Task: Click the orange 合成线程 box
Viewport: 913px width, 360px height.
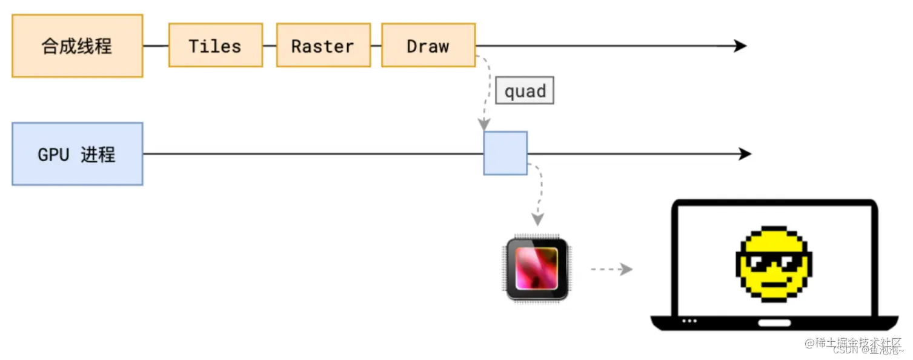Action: [77, 46]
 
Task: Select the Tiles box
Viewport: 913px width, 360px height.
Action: [215, 45]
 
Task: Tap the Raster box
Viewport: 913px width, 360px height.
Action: [323, 45]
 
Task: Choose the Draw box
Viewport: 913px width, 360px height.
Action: [428, 45]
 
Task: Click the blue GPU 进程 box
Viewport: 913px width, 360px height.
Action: [77, 154]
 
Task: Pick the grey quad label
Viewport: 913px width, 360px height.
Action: [525, 91]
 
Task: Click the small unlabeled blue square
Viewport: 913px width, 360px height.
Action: [505, 153]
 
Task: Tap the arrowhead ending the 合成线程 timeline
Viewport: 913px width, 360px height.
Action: [740, 45]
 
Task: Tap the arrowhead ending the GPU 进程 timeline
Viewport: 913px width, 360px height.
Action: [745, 154]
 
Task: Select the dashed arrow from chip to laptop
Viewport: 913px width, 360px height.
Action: [611, 269]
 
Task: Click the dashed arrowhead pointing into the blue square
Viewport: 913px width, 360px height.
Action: [484, 125]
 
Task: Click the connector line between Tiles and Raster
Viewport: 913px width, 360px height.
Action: [270, 45]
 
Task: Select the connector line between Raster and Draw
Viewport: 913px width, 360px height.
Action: [376, 45]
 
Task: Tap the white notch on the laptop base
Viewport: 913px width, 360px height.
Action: [774, 323]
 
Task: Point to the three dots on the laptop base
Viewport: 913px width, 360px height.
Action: [689, 321]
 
